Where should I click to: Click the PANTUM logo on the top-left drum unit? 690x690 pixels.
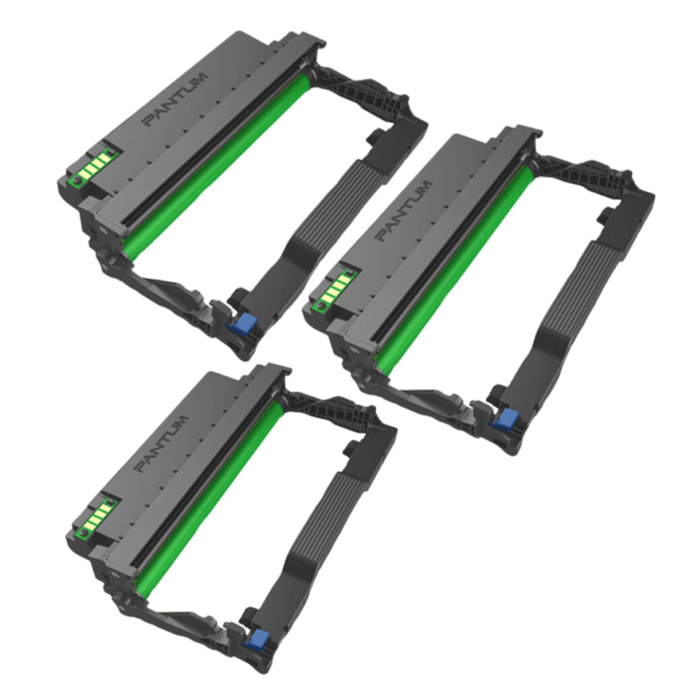(x=177, y=97)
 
